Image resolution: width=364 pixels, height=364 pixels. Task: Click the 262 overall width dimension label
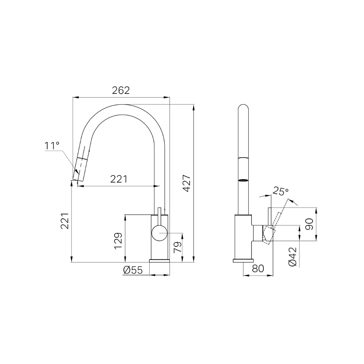click(120, 91)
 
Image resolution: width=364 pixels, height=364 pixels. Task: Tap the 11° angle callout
click(52, 146)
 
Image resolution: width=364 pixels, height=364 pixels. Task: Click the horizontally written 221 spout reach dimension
click(119, 179)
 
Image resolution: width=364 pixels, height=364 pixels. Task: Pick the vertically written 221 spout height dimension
click(64, 221)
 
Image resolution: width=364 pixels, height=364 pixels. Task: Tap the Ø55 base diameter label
click(132, 270)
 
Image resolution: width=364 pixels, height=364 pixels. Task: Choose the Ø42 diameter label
click(293, 257)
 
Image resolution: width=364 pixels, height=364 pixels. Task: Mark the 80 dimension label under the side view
click(258, 269)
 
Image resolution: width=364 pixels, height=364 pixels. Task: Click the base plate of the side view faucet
click(243, 261)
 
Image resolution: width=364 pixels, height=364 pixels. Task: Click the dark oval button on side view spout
click(243, 179)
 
